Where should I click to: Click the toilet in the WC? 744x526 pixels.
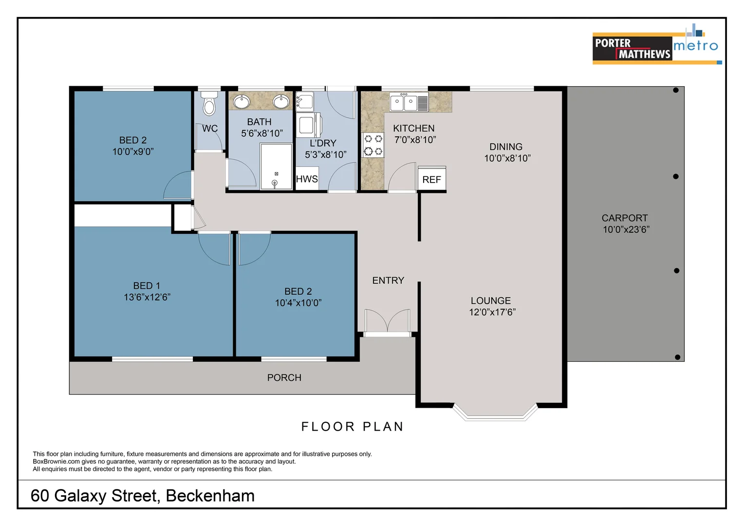point(209,104)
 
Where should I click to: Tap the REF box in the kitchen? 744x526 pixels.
point(431,179)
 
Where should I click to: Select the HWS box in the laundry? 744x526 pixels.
point(307,179)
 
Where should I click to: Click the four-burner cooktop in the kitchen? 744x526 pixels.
point(373,145)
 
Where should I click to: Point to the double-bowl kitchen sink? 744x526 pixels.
point(404,102)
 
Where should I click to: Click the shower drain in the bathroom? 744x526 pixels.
point(275,183)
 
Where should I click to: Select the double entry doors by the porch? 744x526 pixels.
point(388,321)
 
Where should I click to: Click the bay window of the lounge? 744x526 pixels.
point(495,414)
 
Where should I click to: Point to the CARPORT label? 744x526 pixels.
point(625,218)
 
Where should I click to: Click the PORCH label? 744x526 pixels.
point(284,378)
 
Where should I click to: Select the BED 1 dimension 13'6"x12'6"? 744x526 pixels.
point(147,297)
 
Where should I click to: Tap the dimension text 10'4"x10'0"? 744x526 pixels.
point(298,303)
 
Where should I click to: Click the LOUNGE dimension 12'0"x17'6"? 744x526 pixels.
point(492,312)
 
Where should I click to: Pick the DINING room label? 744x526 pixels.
point(506,147)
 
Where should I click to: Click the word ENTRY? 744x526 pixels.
point(388,281)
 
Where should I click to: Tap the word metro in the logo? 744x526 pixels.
point(695,46)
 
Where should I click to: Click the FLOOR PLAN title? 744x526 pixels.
point(353,427)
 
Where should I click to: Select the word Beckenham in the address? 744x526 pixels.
point(210,496)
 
